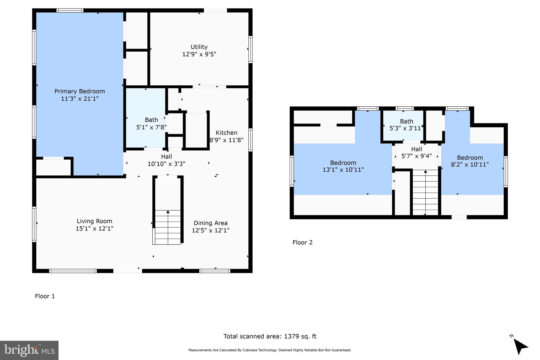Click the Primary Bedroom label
coord(80,91)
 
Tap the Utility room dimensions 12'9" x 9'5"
coord(199,54)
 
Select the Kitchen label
coord(226,133)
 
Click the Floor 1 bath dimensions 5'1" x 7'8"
coord(151,127)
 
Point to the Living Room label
coord(94,221)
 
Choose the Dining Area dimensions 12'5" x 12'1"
coord(210,230)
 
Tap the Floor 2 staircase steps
coord(425,193)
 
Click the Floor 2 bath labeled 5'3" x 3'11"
coord(406,125)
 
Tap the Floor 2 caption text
coord(302,242)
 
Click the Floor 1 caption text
coord(45,296)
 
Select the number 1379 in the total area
coord(292,336)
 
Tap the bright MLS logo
coord(29,350)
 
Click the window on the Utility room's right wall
coord(250,49)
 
